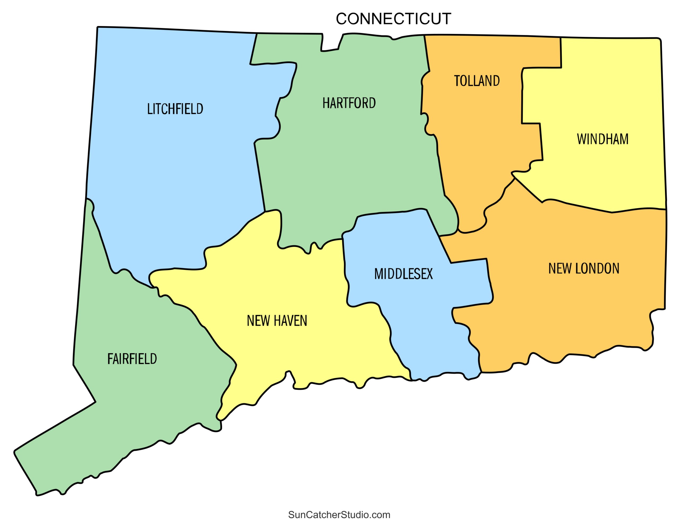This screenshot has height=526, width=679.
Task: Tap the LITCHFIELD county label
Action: tap(175, 109)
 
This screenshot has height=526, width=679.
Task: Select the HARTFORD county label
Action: tap(349, 103)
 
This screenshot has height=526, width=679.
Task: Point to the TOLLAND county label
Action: tap(477, 81)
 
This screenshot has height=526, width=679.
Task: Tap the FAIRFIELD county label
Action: tap(132, 359)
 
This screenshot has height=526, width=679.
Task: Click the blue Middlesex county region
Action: tap(404, 311)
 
